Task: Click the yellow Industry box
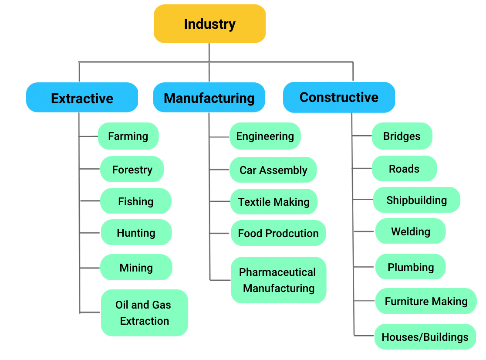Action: [209, 24]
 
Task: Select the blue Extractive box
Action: [82, 98]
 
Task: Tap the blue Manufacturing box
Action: [209, 98]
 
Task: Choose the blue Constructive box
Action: [339, 97]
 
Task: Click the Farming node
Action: [128, 136]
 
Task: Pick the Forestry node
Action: [132, 170]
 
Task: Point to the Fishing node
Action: [135, 201]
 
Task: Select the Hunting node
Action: [136, 233]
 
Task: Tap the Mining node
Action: [136, 267]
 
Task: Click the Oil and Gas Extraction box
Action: [144, 312]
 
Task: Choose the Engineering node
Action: [265, 136]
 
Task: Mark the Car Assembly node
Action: [273, 170]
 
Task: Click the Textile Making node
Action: [273, 202]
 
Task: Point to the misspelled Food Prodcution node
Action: [278, 233]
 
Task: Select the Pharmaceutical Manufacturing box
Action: [278, 280]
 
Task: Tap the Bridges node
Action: [402, 136]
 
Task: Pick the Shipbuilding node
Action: [416, 200]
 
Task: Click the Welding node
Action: [410, 231]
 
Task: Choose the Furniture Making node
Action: [426, 301]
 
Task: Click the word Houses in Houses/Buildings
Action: [399, 337]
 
